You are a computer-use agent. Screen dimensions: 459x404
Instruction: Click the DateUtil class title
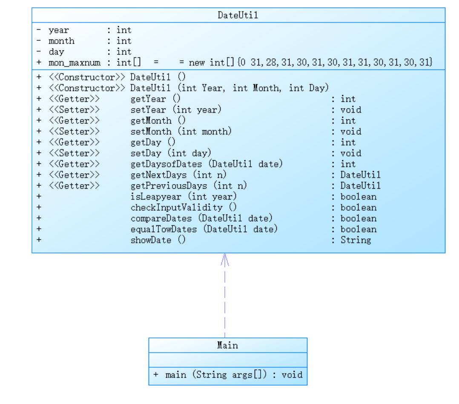[x=238, y=15]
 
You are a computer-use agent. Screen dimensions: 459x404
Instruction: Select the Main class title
[x=227, y=345]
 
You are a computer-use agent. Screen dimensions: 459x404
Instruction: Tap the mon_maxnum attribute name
[x=75, y=63]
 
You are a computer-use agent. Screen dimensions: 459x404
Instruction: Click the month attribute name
[x=61, y=41]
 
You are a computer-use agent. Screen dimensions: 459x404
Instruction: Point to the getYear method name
[x=148, y=99]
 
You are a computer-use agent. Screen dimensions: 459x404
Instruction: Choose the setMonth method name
[x=151, y=132]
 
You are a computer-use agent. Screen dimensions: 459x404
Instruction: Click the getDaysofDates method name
[x=166, y=164]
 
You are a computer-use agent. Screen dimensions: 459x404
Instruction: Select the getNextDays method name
[x=159, y=175]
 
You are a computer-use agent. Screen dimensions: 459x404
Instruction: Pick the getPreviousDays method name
[x=169, y=186]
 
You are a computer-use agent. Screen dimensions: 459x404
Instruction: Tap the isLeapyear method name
[x=156, y=197]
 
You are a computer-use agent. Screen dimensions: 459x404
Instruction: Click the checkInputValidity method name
[x=177, y=208]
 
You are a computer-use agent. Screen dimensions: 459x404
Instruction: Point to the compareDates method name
[x=161, y=218]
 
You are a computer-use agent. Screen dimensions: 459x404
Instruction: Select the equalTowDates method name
[x=164, y=229]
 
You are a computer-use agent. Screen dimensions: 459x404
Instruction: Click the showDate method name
[x=151, y=240]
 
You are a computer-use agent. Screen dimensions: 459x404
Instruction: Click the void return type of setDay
[x=351, y=153]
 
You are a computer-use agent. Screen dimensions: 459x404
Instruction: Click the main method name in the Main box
[x=175, y=375]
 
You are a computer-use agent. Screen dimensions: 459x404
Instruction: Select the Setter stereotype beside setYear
[x=75, y=110]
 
